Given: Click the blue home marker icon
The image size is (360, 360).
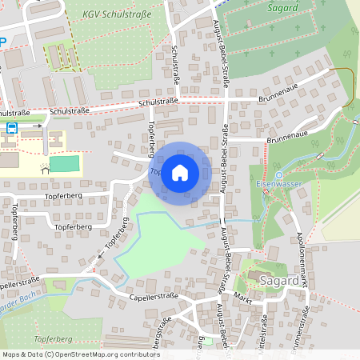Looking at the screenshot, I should click(x=180, y=173).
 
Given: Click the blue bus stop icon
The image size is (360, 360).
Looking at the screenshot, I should click(x=12, y=126).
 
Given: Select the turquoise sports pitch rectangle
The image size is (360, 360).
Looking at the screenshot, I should click(x=65, y=165).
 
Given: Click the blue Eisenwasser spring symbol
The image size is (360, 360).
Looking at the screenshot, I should click(x=278, y=175).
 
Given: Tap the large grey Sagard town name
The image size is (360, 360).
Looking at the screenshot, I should click(x=279, y=281).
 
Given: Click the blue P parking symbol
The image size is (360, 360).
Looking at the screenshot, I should click(x=2, y=41).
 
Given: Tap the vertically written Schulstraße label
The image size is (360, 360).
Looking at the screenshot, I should click(x=175, y=64).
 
